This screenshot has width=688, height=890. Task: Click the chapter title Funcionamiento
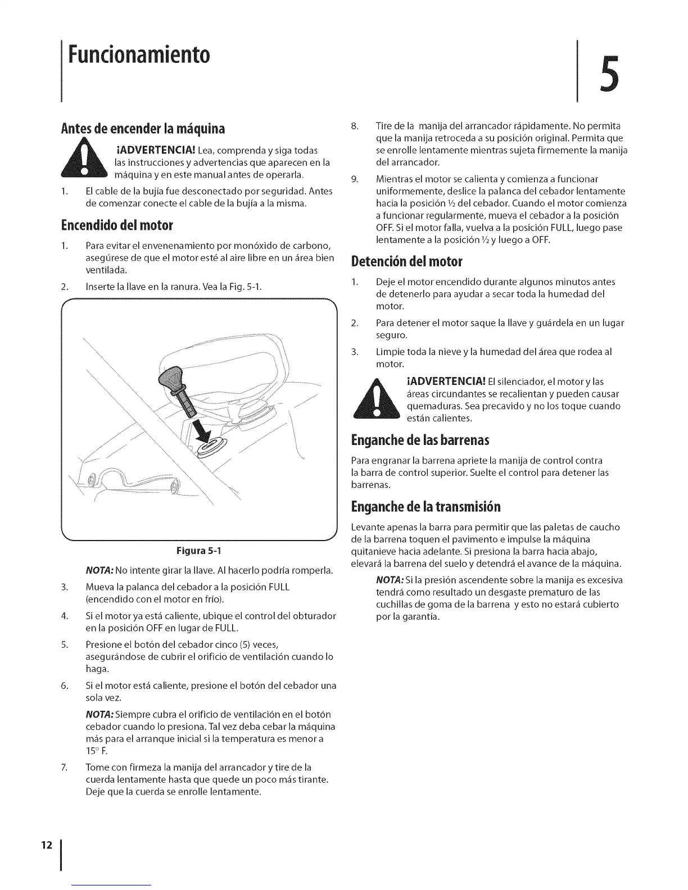click(x=138, y=55)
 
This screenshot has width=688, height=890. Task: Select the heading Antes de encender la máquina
click(x=143, y=129)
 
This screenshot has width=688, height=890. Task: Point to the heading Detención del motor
click(x=406, y=261)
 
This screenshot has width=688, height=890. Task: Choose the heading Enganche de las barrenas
click(x=420, y=439)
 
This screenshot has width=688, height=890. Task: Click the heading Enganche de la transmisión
click(x=426, y=507)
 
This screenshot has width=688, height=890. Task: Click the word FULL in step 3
click(x=279, y=587)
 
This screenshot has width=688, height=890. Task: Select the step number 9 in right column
click(x=354, y=179)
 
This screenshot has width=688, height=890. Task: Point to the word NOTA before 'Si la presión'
click(x=389, y=580)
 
